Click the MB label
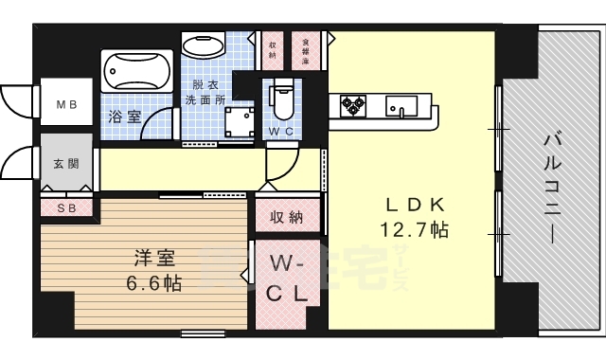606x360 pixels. (65, 105)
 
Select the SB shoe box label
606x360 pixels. (65, 207)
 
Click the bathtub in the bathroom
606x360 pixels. (136, 71)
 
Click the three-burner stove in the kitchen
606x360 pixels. (351, 104)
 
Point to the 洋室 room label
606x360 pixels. (153, 257)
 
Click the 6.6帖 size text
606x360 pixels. (154, 281)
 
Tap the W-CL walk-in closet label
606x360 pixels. (287, 278)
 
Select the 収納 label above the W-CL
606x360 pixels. (286, 218)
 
